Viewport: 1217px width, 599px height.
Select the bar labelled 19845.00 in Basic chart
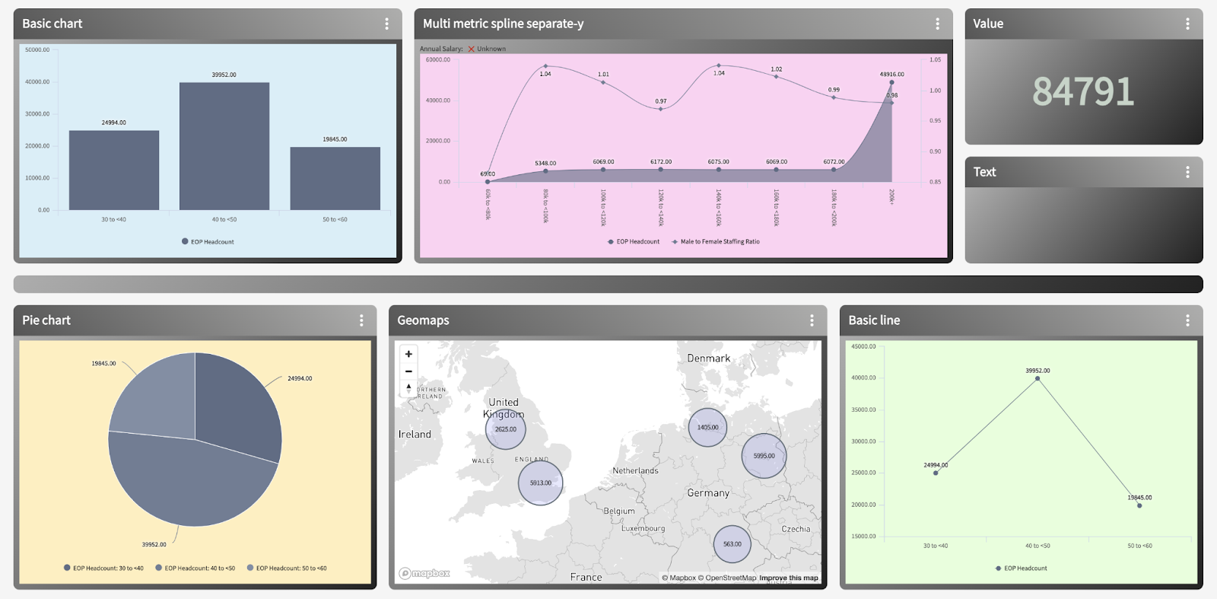pyautogui.click(x=335, y=178)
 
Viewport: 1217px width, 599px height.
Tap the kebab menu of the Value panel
pyautogui.click(x=1187, y=24)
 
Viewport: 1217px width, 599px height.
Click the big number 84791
pyautogui.click(x=1083, y=91)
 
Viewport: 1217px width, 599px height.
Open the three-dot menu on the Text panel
pyautogui.click(x=1187, y=172)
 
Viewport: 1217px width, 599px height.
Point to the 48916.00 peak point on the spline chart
pyautogui.click(x=891, y=82)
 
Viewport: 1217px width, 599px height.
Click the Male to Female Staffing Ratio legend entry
pyautogui.click(x=719, y=242)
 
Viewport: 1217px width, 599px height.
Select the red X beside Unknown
pyautogui.click(x=472, y=49)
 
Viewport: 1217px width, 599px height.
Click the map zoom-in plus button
pyautogui.click(x=408, y=354)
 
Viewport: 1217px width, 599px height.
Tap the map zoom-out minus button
pyautogui.click(x=408, y=371)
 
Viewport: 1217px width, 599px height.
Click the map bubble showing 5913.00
pyautogui.click(x=540, y=483)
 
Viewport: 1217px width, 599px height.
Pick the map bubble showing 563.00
pyautogui.click(x=732, y=543)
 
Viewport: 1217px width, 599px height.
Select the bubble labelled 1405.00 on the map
pyautogui.click(x=707, y=427)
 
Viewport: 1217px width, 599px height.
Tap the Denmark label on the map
pyautogui.click(x=708, y=358)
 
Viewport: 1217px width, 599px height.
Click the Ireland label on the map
pyautogui.click(x=415, y=435)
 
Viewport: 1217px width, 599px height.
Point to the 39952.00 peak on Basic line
pyautogui.click(x=1037, y=378)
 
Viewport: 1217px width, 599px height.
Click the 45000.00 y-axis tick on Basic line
pyautogui.click(x=863, y=347)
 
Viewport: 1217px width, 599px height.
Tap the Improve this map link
pyautogui.click(x=788, y=578)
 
